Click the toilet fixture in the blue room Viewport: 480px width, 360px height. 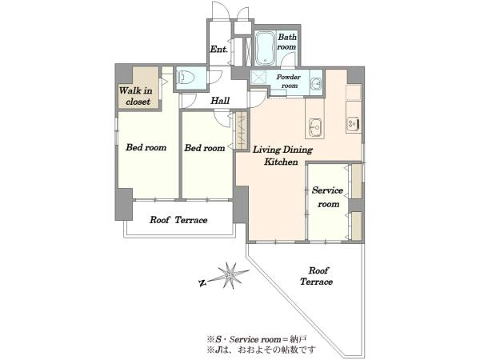coord(183,77)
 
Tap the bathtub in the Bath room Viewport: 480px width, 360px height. coord(265,48)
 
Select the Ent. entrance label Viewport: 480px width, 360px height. coord(219,49)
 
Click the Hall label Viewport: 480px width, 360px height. coord(220,101)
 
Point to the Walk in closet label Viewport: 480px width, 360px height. coord(136,96)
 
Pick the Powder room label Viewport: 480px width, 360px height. coord(289,81)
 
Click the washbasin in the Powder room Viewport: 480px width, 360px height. coord(316,82)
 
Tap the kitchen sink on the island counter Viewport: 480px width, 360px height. coord(315,126)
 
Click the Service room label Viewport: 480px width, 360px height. coord(327,197)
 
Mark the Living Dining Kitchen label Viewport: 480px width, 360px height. coord(282,155)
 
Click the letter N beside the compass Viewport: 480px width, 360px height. coord(202,283)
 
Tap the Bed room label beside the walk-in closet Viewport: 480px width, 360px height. coord(146,147)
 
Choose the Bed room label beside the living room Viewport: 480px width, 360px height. coord(205,148)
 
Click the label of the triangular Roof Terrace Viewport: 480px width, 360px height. coord(317,276)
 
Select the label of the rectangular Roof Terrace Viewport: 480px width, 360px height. coord(178,220)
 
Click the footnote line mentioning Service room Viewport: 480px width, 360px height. coord(257,339)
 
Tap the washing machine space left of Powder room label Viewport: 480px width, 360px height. coord(258,77)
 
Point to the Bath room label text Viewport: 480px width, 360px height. coord(287,42)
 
